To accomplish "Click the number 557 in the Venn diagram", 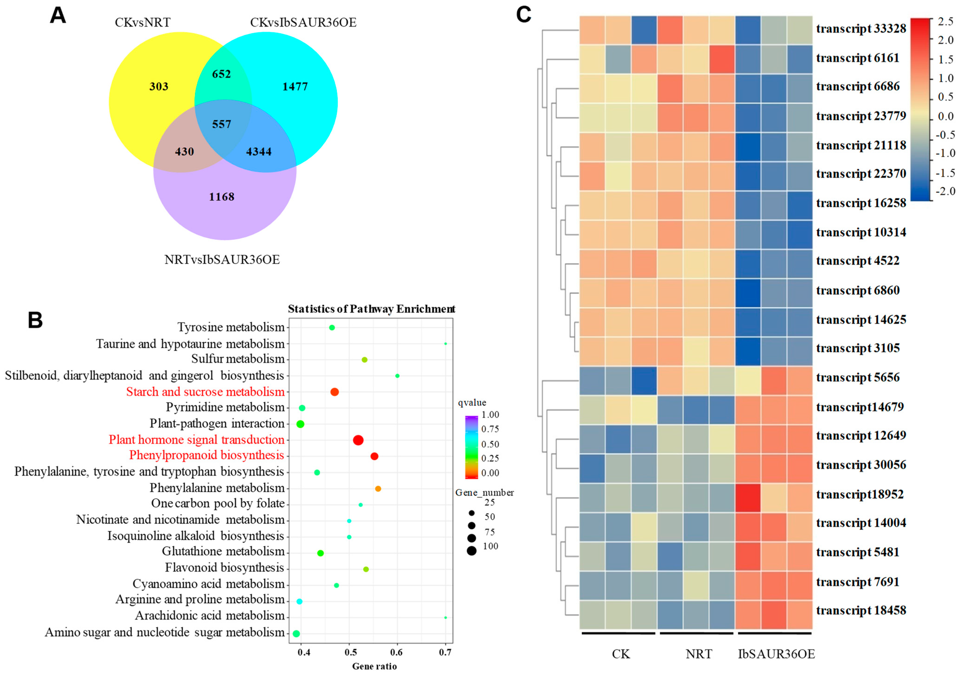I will coord(221,124).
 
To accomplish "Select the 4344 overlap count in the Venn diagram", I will coord(259,152).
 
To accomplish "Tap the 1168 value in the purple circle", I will coord(221,197).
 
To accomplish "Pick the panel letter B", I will coord(35,320).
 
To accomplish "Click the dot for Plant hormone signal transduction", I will coord(358,440).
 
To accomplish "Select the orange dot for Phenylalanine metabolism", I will coord(378,489).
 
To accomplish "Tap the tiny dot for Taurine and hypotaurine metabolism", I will coord(445,344).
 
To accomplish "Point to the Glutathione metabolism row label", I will coord(223,552).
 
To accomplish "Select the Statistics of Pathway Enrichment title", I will coord(371,309).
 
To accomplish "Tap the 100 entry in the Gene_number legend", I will coord(490,546).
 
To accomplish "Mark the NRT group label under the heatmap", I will coord(699,654).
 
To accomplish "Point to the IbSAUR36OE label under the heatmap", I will coord(776,654).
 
